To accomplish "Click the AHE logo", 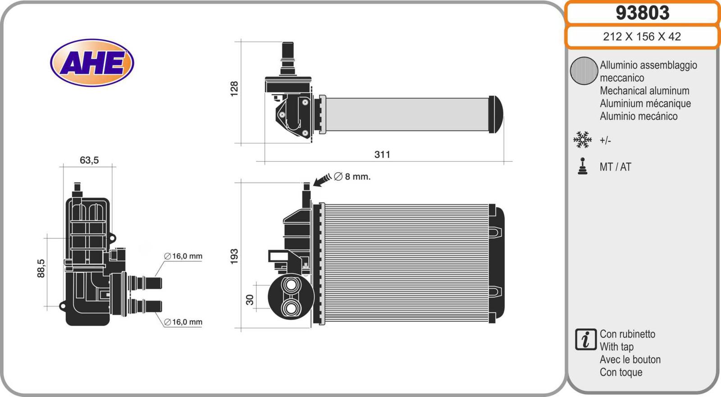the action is (x=92, y=63).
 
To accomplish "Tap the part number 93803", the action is (x=643, y=13).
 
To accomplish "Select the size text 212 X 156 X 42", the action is (x=642, y=37).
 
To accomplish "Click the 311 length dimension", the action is (x=383, y=155).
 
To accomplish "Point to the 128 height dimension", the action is (x=234, y=89).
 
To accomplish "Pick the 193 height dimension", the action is (x=234, y=256).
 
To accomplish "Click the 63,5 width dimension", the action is (x=89, y=160).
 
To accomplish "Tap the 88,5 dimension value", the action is (x=41, y=268).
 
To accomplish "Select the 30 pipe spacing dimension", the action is (x=250, y=300).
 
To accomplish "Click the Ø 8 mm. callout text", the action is (x=352, y=177).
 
